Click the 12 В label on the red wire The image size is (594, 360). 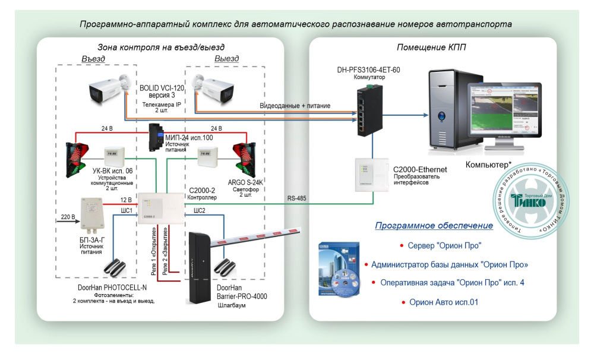(x=125, y=200)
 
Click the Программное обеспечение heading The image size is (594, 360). (x=434, y=226)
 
